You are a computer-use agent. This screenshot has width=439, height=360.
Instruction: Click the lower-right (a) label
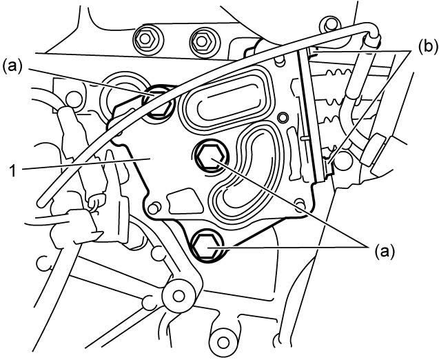tap(385, 252)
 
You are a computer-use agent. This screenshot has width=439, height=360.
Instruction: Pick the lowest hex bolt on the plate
tap(207, 246)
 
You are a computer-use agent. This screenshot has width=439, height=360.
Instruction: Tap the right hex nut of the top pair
tap(201, 41)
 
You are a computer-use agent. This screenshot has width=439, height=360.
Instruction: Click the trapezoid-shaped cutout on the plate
tap(185, 201)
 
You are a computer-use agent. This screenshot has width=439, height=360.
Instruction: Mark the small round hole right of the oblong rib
tap(283, 117)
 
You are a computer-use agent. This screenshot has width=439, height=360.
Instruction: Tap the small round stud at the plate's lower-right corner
tap(300, 203)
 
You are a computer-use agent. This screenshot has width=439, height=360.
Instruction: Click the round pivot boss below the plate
tap(178, 295)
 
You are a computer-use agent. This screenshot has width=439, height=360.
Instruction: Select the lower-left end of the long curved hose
tap(42, 203)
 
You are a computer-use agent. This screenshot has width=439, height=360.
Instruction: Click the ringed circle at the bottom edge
tap(223, 342)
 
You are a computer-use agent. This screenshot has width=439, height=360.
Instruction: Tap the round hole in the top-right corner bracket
tap(330, 26)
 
